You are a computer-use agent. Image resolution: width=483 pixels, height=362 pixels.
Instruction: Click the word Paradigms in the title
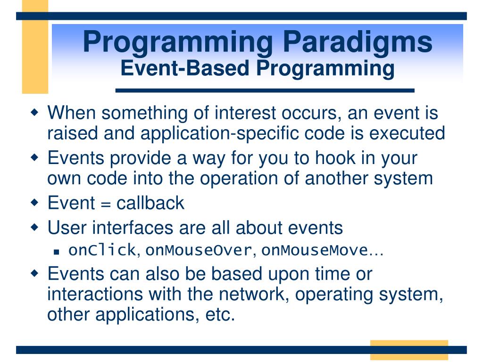358,43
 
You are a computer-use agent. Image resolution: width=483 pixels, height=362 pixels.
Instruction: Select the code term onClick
102,250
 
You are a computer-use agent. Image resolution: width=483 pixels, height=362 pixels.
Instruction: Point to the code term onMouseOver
199,250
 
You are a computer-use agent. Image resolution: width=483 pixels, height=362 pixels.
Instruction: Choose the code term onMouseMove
315,250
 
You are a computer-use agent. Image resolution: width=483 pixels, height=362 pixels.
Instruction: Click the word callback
150,203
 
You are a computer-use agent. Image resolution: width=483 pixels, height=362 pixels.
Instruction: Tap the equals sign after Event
106,204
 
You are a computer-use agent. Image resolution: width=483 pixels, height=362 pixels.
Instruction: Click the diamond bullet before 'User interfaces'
34,228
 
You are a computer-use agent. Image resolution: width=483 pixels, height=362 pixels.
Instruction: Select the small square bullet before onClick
56,252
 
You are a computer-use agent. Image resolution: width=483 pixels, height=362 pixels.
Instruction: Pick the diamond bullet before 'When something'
34,112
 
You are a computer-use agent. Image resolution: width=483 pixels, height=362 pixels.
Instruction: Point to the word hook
335,157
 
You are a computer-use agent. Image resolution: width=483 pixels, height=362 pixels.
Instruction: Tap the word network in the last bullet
253,294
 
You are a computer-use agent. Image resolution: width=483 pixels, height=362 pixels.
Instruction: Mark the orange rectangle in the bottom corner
409,350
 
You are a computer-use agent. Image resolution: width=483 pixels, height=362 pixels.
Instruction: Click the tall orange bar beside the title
35,47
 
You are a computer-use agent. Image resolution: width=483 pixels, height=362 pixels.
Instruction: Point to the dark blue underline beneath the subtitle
265,90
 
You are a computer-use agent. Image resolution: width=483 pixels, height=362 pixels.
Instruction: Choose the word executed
407,133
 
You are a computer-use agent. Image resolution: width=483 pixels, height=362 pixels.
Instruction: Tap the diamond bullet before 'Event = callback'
34,203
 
